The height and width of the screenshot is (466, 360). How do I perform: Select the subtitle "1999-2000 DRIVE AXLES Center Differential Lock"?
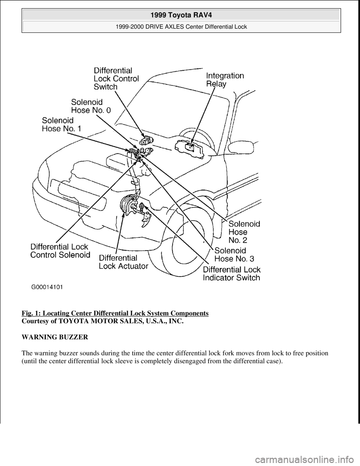coord(181,27)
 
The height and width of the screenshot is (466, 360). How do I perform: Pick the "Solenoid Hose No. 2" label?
coord(244,231)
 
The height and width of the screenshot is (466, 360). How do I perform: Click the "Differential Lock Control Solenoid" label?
coord(60,251)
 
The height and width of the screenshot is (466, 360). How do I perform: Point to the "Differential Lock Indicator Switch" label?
coord(231,274)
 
